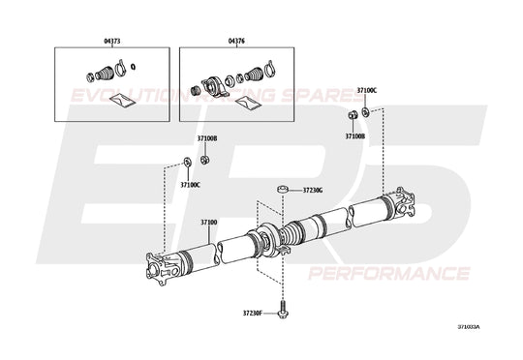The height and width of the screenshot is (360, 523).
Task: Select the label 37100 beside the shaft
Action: click(209, 224)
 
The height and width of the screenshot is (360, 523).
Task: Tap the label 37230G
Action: click(313, 191)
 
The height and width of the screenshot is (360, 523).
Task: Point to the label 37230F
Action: click(252, 314)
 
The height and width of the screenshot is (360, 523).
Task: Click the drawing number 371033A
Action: click(469, 327)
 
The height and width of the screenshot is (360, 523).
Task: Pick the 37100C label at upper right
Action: click(366, 90)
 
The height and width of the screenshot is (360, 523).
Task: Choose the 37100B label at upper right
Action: click(355, 136)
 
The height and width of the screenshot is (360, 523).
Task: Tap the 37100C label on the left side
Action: click(190, 184)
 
